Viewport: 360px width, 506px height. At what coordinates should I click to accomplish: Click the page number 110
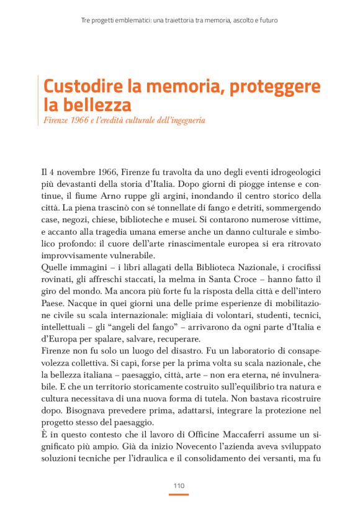179,485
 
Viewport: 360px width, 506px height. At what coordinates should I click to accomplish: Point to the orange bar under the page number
179,494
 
